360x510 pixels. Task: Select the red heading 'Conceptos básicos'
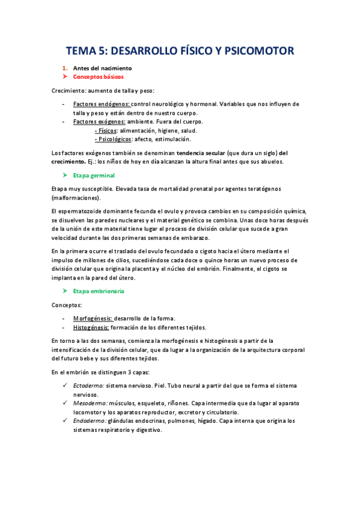pos(99,78)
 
